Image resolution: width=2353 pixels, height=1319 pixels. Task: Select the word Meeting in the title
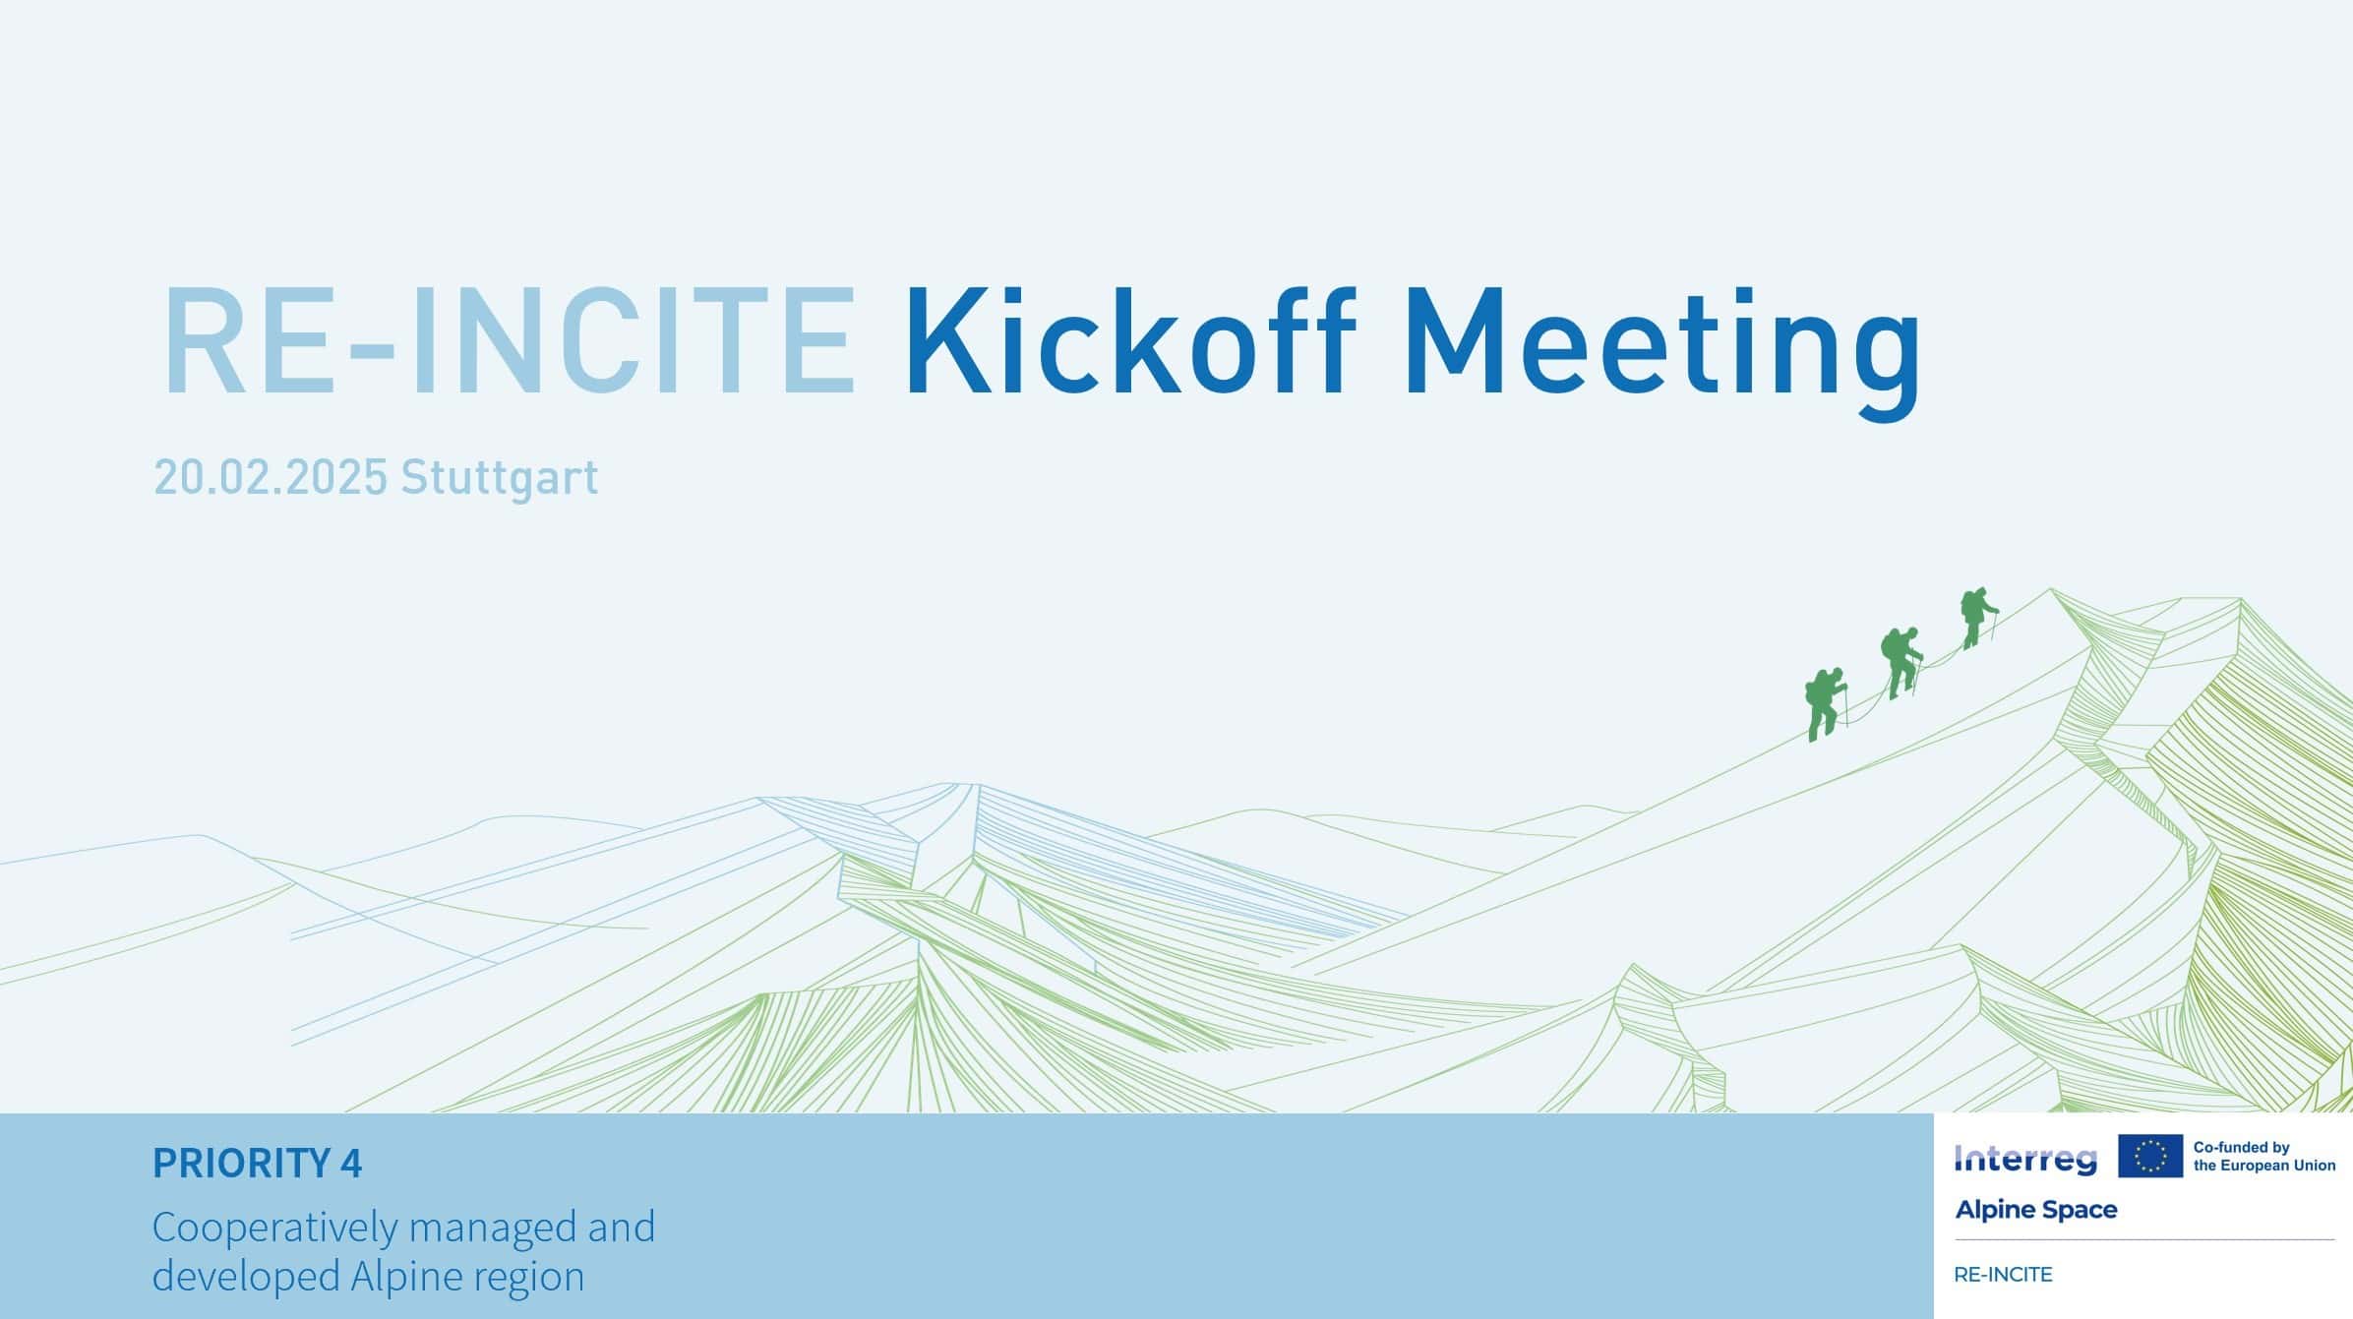pos(1661,353)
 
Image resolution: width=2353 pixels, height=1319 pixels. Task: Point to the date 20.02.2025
pos(271,477)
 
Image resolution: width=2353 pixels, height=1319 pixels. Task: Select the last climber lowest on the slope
pos(1826,704)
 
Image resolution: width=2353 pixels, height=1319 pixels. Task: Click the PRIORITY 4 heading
pos(258,1164)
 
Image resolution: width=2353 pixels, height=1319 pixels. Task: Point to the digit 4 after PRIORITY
pos(351,1164)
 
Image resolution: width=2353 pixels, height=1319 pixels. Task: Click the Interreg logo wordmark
pos(2025,1161)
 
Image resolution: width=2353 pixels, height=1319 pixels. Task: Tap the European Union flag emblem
pos(2150,1156)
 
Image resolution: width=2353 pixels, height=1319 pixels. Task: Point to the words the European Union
pos(2264,1166)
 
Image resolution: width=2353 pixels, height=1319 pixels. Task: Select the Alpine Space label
pos(2036,1211)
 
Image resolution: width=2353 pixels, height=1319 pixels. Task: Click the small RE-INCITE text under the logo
pos(2003,1275)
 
